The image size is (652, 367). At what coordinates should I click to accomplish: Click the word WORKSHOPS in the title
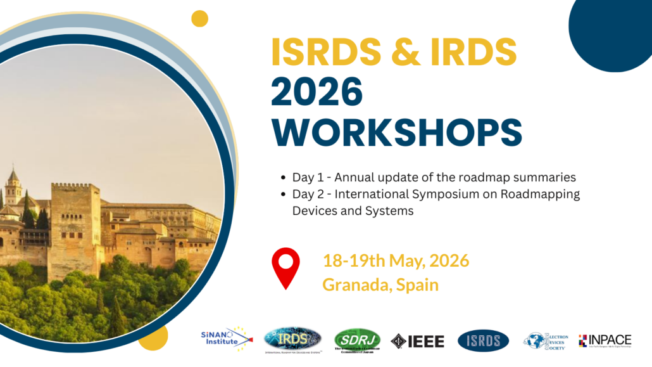click(x=396, y=131)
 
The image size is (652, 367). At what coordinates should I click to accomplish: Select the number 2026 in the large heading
click(x=317, y=93)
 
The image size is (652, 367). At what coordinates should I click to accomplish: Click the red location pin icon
click(x=285, y=268)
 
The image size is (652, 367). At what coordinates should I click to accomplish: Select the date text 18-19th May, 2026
click(x=396, y=261)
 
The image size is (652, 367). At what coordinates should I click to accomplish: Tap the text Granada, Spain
click(x=380, y=285)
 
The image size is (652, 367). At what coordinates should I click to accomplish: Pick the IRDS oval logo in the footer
click(x=292, y=340)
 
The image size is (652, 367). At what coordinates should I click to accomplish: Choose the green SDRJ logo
click(x=357, y=340)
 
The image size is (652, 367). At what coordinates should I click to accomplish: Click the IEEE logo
click(x=418, y=341)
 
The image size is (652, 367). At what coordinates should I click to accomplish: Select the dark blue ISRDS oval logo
click(x=483, y=340)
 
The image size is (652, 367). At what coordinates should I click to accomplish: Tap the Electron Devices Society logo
click(x=546, y=340)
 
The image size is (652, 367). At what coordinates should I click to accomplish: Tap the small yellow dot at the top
click(x=199, y=18)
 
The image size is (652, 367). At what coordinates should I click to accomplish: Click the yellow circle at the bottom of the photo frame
click(x=153, y=337)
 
